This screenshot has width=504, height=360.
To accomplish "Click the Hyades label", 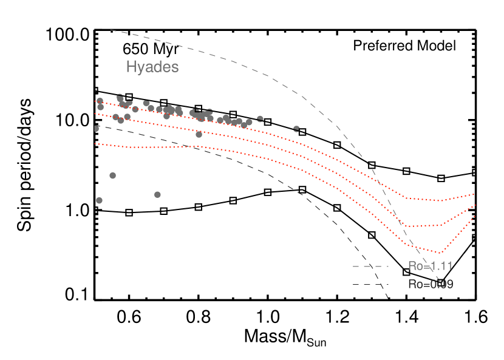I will click(x=152, y=67).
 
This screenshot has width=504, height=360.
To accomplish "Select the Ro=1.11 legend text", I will click(x=430, y=266).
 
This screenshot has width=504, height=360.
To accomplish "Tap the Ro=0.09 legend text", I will click(x=430, y=284).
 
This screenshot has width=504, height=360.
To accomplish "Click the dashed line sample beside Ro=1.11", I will click(x=370, y=266).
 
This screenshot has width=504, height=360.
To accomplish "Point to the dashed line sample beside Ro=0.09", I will click(x=370, y=284).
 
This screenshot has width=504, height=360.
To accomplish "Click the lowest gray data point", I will click(x=100, y=200).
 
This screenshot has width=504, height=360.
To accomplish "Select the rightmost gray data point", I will click(x=296, y=129).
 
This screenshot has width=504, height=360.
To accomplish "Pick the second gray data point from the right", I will click(x=261, y=119).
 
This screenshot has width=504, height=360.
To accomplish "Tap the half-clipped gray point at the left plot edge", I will click(x=96, y=129).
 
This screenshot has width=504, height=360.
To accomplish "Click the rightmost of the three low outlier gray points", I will click(x=157, y=194).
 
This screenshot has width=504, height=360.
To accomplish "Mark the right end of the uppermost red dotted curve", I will click(x=474, y=194).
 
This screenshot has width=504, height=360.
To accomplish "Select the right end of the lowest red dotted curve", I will click(x=474, y=216).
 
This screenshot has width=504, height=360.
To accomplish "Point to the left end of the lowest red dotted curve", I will click(x=95, y=144).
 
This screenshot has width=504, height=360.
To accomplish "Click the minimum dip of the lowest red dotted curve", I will click(x=441, y=253).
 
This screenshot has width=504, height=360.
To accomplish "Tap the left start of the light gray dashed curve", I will click(x=110, y=30).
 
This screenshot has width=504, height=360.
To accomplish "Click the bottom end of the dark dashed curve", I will click(x=387, y=298).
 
